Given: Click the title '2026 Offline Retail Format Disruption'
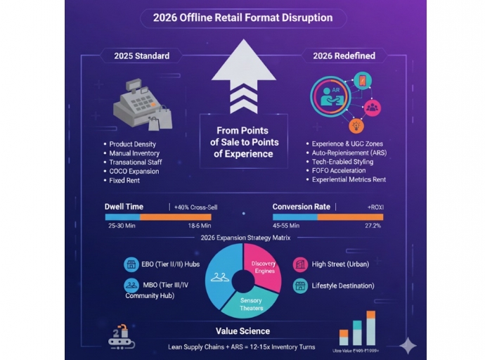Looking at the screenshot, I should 242,18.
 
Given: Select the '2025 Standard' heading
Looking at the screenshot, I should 141,56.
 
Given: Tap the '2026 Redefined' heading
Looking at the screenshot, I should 343,56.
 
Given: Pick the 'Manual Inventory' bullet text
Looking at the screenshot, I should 134,153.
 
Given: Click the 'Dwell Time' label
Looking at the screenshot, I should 124,207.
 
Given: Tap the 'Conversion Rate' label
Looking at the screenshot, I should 302,207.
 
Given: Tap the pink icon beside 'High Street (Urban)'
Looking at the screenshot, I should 300,264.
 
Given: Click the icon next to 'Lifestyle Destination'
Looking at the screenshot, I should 300,286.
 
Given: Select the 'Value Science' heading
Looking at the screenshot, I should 242,330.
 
